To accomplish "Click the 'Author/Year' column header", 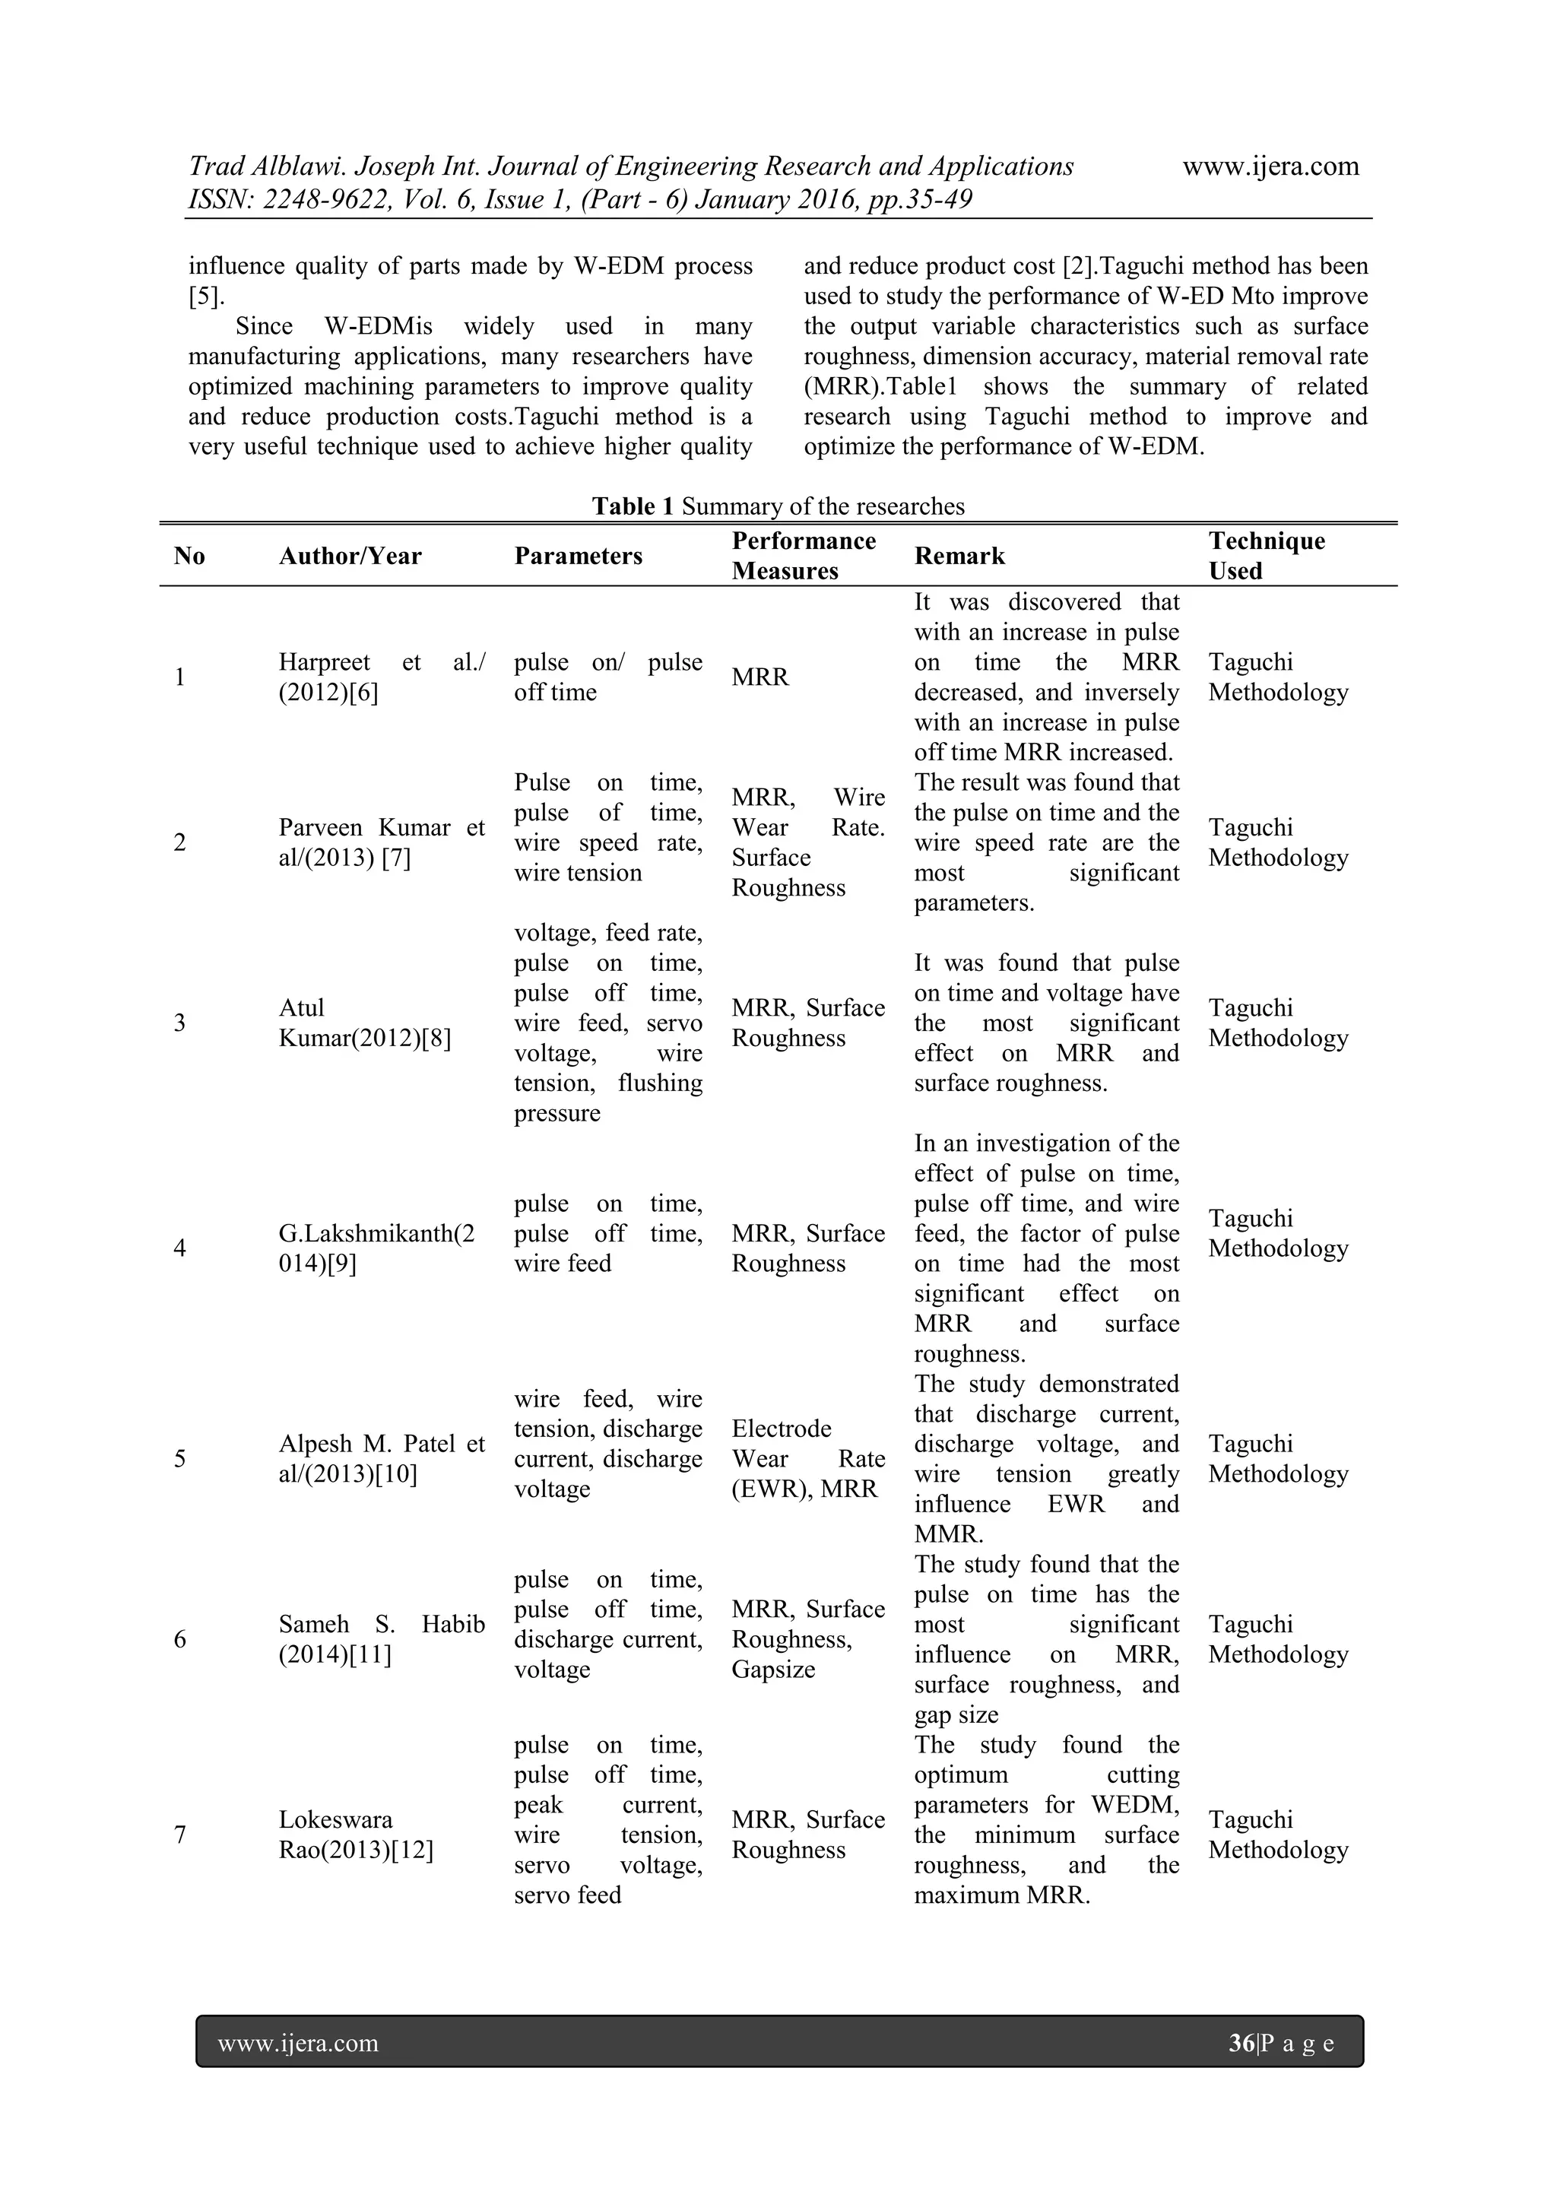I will (x=350, y=556).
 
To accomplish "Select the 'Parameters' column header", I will (x=578, y=556).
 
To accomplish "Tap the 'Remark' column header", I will (x=959, y=556).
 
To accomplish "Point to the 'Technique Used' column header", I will (x=1266, y=556).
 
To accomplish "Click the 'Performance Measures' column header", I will (x=804, y=556).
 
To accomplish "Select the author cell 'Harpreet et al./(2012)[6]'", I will (x=382, y=677).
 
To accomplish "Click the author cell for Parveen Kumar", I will (x=382, y=842).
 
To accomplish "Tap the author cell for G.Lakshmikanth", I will (x=377, y=1248).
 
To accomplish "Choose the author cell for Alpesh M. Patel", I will (x=382, y=1459).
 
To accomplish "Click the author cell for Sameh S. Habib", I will (x=382, y=1639).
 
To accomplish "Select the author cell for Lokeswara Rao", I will (x=356, y=1835).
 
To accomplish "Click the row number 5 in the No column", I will (x=180, y=1459).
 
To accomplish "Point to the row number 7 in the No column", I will (x=180, y=1835).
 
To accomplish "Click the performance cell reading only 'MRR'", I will (x=760, y=677).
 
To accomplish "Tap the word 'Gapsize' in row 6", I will (x=772, y=1669).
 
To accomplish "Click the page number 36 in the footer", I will (x=1241, y=2043).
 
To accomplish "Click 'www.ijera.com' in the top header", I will (x=1270, y=167).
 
